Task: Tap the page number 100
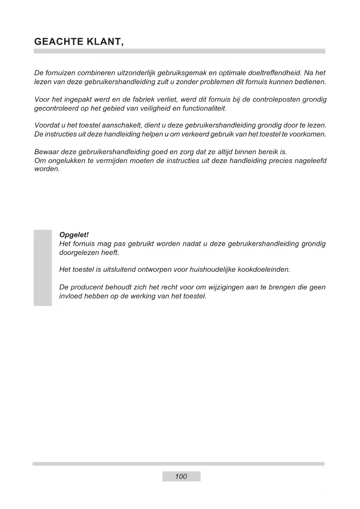click(x=181, y=476)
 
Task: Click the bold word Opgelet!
click(x=74, y=234)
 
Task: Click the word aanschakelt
click(x=122, y=125)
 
